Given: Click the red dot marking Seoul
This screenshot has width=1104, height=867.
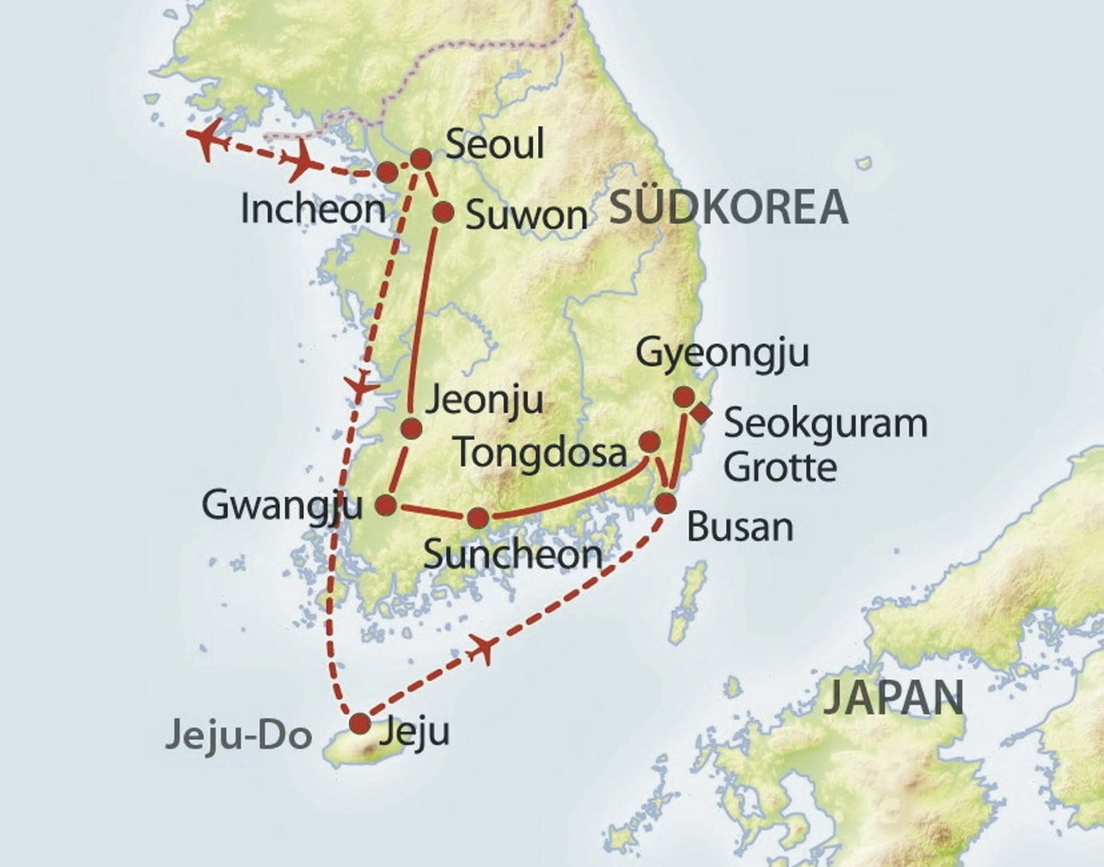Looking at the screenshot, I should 421,158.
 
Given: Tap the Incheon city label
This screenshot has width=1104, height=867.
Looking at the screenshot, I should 313,209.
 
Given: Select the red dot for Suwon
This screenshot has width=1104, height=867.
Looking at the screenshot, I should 443,212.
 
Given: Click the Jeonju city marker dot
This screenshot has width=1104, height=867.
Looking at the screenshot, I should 411,428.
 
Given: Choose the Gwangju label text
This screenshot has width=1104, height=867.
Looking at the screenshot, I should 282,506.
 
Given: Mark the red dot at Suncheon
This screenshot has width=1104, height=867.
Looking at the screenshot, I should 478,518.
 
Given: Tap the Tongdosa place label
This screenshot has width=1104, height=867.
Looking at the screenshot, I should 541,452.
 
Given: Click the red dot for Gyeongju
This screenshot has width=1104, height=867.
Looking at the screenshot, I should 684,396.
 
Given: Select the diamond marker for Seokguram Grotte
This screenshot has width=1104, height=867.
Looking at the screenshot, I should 701,413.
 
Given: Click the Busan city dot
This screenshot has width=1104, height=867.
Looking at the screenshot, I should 666,504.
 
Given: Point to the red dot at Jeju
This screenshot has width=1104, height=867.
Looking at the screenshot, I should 361,723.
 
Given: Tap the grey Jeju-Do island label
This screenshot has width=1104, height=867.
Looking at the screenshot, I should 239,736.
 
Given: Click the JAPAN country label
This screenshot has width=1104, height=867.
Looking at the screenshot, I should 894,697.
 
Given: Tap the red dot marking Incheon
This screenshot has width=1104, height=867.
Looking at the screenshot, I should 386,171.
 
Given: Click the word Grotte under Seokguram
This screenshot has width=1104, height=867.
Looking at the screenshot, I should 780,467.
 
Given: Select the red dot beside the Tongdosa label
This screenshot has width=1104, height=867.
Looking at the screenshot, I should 650,442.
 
